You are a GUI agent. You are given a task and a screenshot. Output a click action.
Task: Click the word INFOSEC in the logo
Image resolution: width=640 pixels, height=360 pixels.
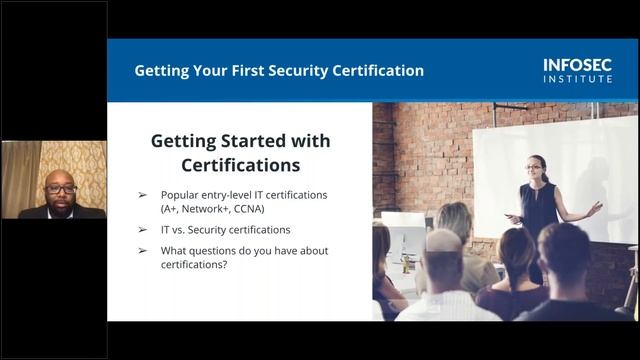tap(578, 64)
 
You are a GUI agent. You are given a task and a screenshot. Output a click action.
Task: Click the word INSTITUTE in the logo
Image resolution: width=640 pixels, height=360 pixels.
tap(578, 77)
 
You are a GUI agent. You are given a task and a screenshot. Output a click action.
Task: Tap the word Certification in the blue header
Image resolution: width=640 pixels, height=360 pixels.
tap(374, 71)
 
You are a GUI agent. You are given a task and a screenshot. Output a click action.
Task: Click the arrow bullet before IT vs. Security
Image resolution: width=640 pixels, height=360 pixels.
tap(142, 229)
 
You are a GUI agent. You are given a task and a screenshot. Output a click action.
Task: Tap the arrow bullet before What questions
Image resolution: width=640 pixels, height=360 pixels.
tap(142, 250)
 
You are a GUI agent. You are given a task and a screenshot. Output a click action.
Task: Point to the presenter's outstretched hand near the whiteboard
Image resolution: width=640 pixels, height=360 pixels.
tap(597, 208)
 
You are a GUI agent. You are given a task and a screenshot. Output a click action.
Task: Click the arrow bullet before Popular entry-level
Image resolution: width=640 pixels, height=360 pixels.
tap(142, 194)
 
